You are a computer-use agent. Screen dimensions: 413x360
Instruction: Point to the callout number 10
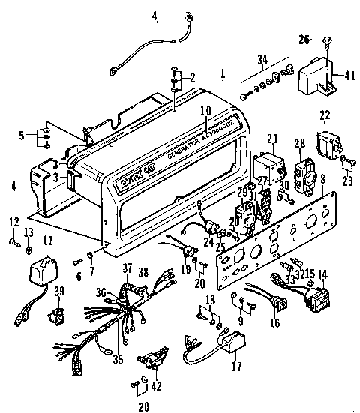(205, 110)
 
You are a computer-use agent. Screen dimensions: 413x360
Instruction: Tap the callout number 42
(155, 388)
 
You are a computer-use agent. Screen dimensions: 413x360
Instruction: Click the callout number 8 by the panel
(322, 179)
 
